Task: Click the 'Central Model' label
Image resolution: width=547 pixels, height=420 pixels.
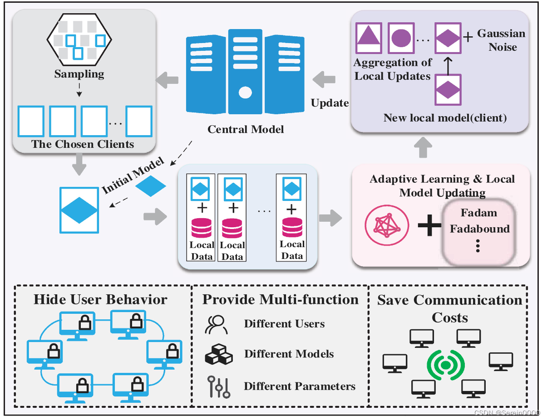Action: point(246,129)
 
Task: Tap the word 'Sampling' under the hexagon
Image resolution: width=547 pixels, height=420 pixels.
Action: point(79,74)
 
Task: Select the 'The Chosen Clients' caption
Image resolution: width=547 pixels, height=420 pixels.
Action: point(83,144)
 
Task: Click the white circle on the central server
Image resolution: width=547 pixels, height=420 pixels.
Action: point(245,93)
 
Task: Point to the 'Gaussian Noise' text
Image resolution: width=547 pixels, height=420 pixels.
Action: point(501,40)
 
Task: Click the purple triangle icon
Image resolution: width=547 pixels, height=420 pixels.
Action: point(368,36)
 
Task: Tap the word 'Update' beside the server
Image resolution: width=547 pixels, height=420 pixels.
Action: point(330,103)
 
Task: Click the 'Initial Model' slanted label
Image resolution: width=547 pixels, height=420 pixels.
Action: point(132,176)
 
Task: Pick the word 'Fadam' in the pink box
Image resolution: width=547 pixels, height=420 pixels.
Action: point(479,213)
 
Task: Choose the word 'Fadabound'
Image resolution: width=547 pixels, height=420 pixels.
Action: point(479,229)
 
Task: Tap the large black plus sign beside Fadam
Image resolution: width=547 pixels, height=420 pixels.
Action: point(429,225)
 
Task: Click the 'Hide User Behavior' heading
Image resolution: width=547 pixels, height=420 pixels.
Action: point(100,300)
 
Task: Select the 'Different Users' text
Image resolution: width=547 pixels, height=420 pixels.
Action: point(284,324)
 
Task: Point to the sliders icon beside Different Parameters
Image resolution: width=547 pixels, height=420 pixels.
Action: point(218,386)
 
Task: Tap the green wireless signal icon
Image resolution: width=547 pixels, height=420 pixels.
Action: point(445,365)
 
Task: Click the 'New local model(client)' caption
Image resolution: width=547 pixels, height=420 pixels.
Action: point(444,118)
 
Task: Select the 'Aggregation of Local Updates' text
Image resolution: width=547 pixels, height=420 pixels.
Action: point(393,69)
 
